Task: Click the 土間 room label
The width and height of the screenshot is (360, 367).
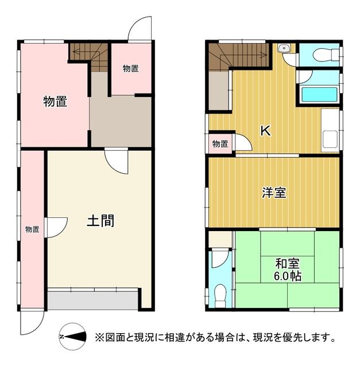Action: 100,221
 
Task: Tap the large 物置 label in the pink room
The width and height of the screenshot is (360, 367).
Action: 55,101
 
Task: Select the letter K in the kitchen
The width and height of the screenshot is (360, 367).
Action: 266,131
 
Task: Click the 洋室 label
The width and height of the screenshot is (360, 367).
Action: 274,193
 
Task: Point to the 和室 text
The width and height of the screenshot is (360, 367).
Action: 287,264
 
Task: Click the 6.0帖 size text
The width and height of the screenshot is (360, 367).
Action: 287,276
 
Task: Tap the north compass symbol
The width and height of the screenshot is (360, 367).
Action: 72,337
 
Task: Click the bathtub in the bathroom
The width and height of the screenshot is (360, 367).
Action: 319,95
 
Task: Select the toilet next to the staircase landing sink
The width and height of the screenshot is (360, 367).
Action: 326,55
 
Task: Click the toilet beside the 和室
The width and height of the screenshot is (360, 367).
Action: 220,295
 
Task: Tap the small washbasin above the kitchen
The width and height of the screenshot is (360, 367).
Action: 284,48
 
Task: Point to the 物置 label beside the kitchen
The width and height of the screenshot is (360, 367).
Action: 220,144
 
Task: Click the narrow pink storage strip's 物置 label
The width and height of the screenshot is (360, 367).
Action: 32,229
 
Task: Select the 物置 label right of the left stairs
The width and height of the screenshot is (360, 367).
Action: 131,69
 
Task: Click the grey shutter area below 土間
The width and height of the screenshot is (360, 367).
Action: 93,300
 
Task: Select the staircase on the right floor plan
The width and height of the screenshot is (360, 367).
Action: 238,56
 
